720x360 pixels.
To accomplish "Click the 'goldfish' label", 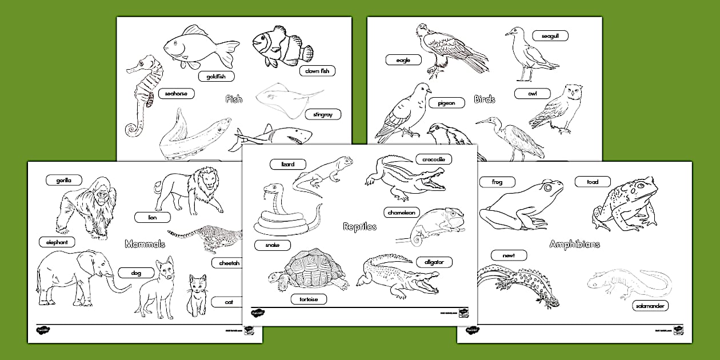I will [x=217, y=76].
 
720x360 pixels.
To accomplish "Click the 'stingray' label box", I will [x=322, y=114].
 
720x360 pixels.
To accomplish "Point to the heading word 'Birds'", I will [x=485, y=99].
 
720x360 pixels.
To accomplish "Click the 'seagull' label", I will [x=550, y=36].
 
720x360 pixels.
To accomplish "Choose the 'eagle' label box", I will [x=403, y=59].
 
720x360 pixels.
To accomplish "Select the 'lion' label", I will [x=153, y=217].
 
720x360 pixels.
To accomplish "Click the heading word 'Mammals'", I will [x=145, y=244].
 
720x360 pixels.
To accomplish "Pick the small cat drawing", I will [x=197, y=294].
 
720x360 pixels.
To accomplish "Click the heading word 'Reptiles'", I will [x=359, y=226].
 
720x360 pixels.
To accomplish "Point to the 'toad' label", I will [x=593, y=182].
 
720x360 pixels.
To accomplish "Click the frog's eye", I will [x=548, y=187].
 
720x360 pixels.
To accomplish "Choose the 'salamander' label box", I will [x=650, y=306].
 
